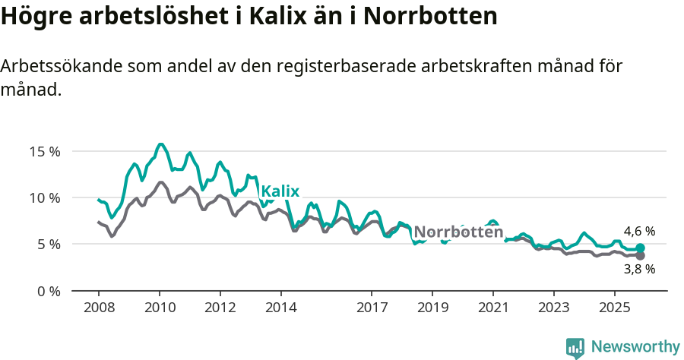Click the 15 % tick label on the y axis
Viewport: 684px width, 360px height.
pos(45,151)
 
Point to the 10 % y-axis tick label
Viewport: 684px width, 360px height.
pos(45,197)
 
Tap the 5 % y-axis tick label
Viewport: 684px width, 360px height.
pos(48,245)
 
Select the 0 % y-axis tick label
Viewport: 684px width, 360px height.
pos(48,291)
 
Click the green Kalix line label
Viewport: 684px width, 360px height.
pos(280,191)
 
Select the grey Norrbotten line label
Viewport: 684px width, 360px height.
pos(458,232)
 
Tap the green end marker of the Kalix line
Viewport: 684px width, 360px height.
pos(641,248)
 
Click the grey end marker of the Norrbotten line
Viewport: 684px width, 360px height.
pos(641,256)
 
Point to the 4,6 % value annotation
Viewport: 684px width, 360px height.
pos(639,231)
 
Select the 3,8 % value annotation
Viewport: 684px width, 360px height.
pos(639,269)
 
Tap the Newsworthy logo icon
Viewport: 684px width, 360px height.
pos(575,348)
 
